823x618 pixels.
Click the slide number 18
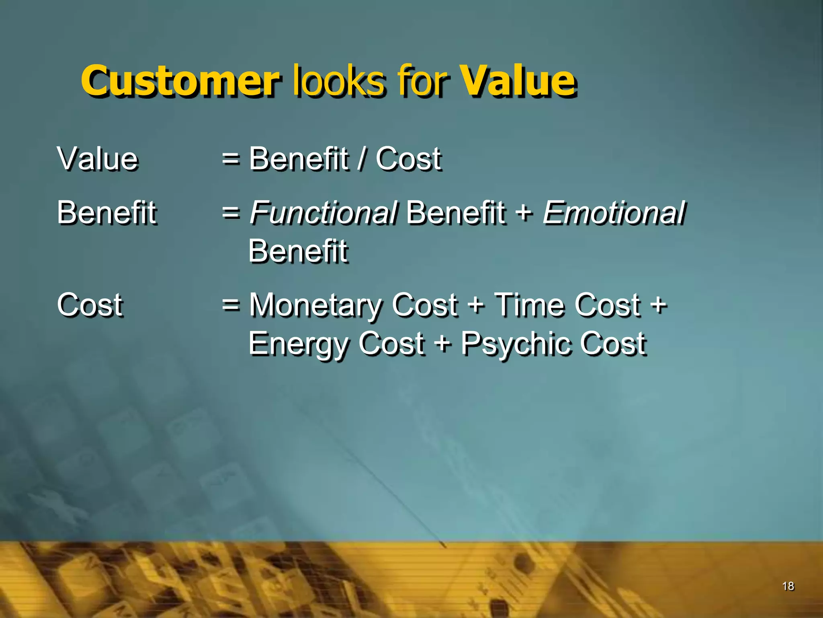coord(788,586)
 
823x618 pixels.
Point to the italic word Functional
coord(323,212)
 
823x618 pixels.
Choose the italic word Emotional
coord(614,212)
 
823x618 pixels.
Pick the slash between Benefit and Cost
coord(362,159)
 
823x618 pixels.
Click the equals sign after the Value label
coord(231,159)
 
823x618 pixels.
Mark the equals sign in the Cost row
coord(231,305)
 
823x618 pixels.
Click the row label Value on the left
coord(98,159)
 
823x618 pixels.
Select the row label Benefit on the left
coord(106,212)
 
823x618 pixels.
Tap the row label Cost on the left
coord(90,305)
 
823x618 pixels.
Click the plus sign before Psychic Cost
coord(443,344)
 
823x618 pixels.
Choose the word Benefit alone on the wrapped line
coord(298,251)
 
